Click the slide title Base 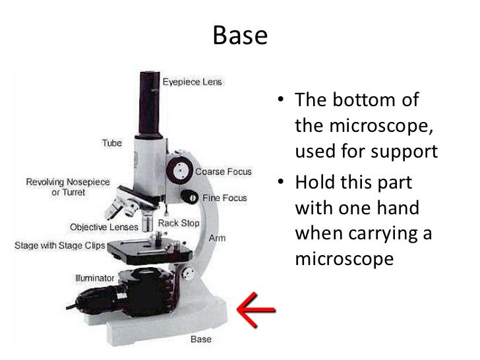pyautogui.click(x=240, y=34)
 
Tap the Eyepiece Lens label pyautogui.click(x=193, y=82)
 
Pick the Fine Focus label pyautogui.click(x=225, y=198)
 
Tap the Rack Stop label pyautogui.click(x=179, y=224)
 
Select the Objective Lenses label pyautogui.click(x=102, y=227)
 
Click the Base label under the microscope pyautogui.click(x=200, y=340)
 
